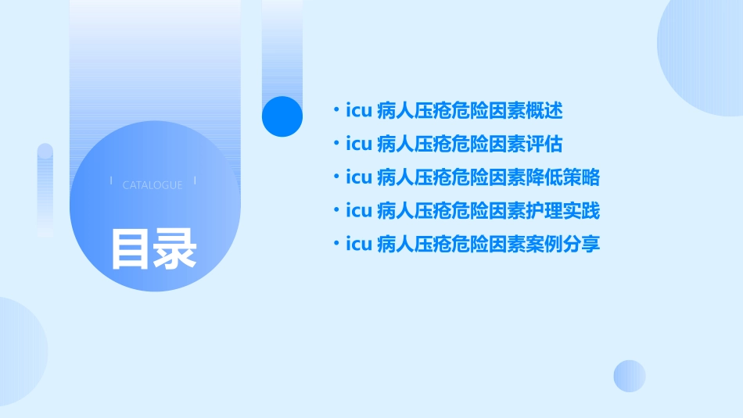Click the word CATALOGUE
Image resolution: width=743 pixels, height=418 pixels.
pyautogui.click(x=153, y=185)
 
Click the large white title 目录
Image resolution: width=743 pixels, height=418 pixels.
pyautogui.click(x=153, y=249)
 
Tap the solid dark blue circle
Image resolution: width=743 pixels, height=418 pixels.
pyautogui.click(x=282, y=116)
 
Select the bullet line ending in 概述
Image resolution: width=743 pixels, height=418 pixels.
pyautogui.click(x=454, y=111)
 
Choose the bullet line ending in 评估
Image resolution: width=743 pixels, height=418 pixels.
pyautogui.click(x=454, y=145)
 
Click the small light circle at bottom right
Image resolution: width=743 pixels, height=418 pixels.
pyautogui.click(x=630, y=376)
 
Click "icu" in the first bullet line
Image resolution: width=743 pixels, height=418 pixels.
pyautogui.click(x=358, y=111)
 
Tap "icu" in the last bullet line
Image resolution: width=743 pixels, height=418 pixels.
pyautogui.click(x=358, y=245)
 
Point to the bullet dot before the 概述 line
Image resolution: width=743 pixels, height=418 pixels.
pyautogui.click(x=336, y=111)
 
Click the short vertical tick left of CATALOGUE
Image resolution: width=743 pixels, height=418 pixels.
pyautogui.click(x=111, y=181)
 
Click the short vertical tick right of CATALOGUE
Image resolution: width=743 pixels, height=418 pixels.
pyautogui.click(x=195, y=181)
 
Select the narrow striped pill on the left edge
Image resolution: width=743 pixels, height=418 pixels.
pyautogui.click(x=45, y=190)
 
